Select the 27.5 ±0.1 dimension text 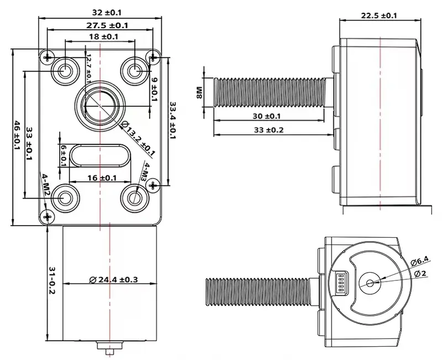click(99, 25)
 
